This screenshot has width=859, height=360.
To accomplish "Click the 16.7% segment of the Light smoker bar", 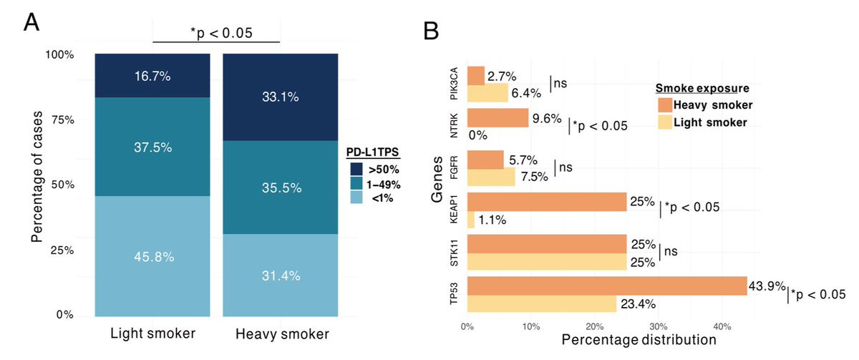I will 152,75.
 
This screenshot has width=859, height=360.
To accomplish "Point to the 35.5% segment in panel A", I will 280,188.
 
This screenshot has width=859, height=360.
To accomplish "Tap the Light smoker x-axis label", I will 152,334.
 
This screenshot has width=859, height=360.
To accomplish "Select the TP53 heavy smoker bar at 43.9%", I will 607,286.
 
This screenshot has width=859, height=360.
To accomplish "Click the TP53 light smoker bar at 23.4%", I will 542,304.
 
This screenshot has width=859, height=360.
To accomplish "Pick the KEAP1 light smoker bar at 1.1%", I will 471,221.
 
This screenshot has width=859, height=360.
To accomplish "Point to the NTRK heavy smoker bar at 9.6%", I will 498,117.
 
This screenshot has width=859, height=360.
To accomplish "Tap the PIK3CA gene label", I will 453,84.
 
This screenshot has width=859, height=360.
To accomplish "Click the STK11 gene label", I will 453,253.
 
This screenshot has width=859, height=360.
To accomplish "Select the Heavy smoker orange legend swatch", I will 665,105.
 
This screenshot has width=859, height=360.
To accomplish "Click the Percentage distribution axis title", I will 628,339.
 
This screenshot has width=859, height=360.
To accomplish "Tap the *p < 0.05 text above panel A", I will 217,32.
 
